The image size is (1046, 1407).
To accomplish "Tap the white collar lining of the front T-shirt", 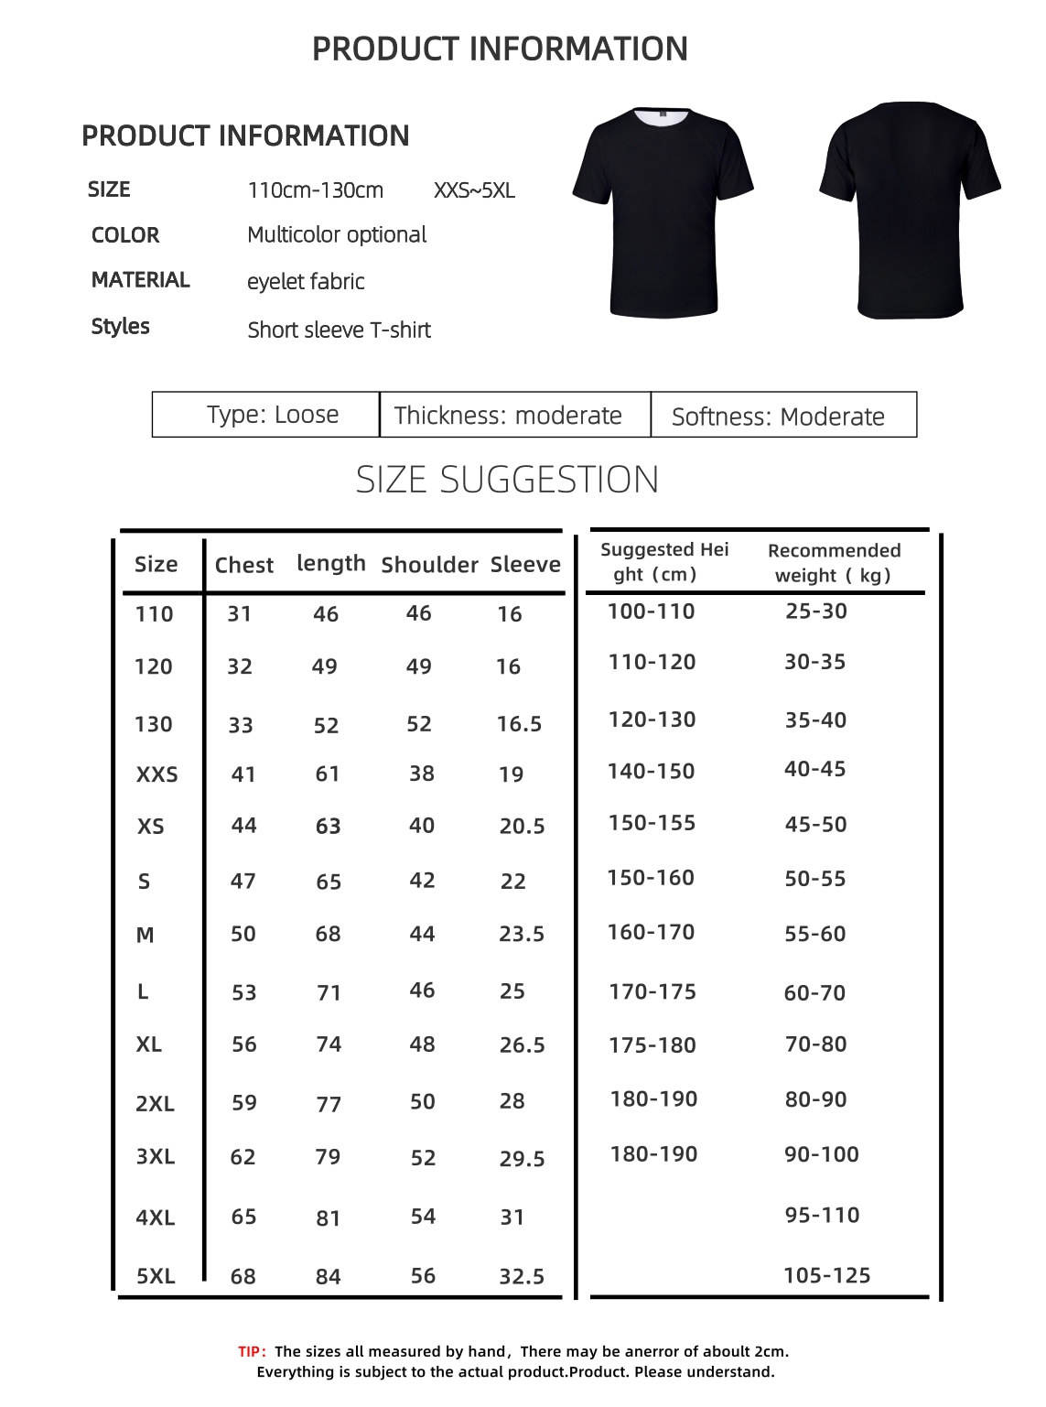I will coord(663,117).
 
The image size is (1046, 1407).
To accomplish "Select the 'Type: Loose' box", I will coord(272,415).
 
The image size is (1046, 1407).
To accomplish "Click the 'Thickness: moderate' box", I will coord(508,416).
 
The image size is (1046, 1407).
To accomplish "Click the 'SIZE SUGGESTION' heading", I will coord(507,480).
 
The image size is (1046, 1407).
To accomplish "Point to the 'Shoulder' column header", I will coord(429,565).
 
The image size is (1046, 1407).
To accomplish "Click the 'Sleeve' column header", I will coord(525,564).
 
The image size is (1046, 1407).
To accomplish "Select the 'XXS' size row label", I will coord(156,775).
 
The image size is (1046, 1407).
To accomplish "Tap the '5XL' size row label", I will coord(156,1276).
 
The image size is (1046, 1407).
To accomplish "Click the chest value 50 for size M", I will coord(243,935).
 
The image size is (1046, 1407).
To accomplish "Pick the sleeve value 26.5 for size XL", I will coord(522,1045).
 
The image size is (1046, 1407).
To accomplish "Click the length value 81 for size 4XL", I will coord(328,1218).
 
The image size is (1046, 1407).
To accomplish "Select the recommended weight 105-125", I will coord(826,1275).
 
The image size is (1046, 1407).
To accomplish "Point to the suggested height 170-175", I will coord(652,991).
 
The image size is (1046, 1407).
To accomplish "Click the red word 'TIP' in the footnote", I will coord(251,1352).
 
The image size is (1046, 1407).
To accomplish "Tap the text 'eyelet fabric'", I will coord(306,282).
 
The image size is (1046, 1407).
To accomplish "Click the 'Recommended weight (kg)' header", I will coord(834,563).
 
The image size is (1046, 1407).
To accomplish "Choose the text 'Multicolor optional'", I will coord(337,235).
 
